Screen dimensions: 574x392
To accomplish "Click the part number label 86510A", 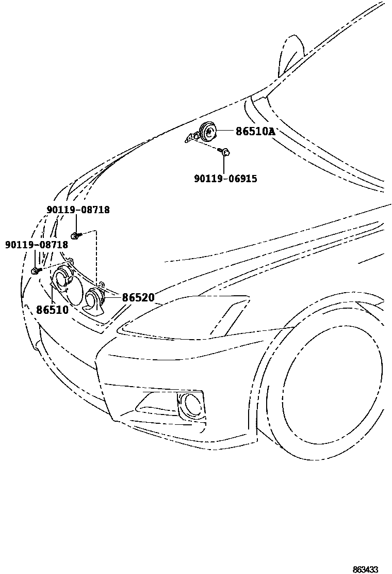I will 255,132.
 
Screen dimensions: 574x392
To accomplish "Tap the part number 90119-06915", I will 225,179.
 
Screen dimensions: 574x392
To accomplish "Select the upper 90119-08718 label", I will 78,210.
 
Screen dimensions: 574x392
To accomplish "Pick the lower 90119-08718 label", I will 37,244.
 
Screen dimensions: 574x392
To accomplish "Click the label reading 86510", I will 52,310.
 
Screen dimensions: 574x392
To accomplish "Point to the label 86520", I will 138,298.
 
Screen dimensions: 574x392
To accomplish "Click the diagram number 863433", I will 366,569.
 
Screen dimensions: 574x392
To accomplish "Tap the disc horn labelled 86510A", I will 209,132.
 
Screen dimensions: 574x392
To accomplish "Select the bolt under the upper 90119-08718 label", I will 75,236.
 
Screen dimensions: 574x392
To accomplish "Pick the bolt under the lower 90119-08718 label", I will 36,270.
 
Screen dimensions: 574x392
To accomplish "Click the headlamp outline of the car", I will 186,320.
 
